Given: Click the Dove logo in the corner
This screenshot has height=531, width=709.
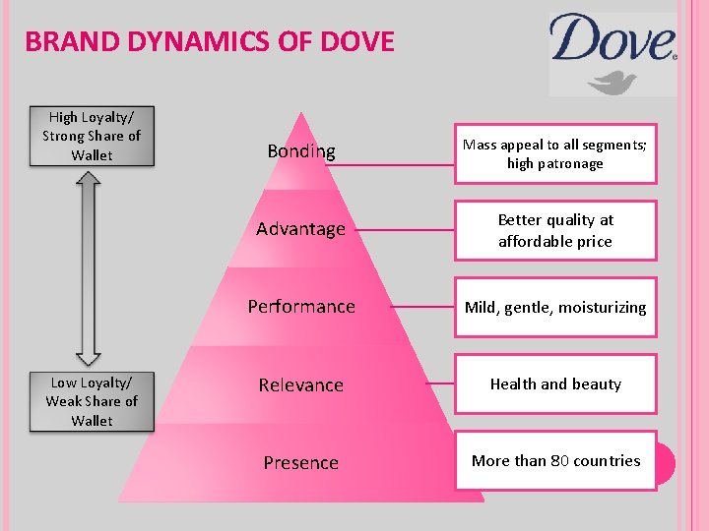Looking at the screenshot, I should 612,53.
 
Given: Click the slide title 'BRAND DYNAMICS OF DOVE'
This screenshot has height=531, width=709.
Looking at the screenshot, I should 209,41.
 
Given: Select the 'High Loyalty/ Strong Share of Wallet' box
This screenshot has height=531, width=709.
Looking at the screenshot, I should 92,136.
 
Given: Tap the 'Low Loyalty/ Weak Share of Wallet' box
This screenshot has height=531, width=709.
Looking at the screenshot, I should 92,401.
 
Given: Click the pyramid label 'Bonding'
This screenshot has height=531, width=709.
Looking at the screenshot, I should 301,151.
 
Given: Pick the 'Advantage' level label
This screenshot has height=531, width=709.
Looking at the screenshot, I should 300,229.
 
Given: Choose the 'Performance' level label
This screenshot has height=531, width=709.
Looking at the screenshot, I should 301,307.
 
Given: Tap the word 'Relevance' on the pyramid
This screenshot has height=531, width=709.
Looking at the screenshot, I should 301,384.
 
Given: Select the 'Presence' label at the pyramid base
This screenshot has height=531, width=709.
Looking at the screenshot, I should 300,462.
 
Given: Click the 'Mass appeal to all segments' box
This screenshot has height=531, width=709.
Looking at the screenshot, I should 554,153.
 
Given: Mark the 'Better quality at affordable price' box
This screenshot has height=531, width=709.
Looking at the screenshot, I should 554,230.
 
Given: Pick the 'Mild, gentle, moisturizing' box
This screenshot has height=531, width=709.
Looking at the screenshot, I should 554,307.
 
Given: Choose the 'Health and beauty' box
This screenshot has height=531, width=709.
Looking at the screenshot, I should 554,383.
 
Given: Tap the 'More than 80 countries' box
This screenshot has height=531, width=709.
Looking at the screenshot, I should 554,460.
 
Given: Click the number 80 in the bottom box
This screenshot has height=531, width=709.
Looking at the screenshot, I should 559,460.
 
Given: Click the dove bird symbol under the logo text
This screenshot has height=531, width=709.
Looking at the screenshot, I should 612,81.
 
